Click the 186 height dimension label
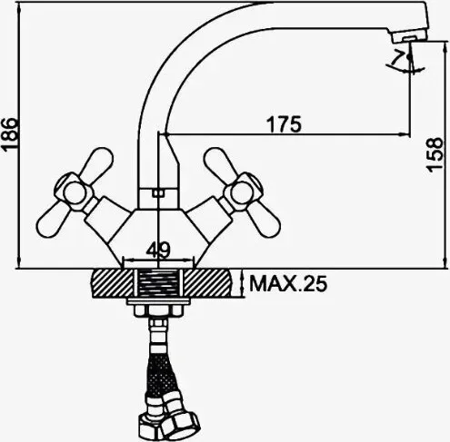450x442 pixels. coord(8,134)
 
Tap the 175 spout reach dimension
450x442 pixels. coord(284,124)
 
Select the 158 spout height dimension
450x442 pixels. coord(435,155)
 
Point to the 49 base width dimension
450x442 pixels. coord(158,250)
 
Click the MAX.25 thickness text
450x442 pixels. coord(288,283)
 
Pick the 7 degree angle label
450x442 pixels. coord(397,58)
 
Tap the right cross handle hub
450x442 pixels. coord(244,192)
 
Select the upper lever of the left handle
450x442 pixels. coord(96,162)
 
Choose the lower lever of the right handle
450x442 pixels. coord(265,221)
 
